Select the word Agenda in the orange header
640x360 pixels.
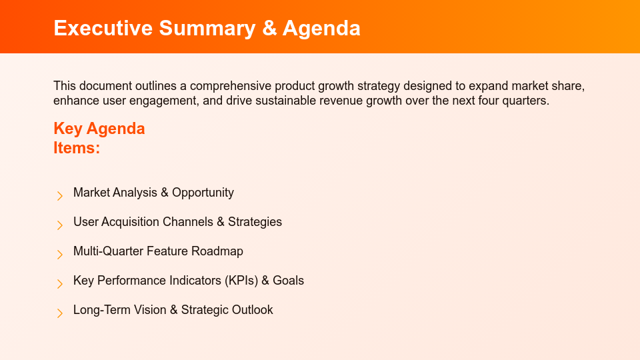click(321, 28)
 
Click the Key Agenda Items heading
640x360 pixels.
click(99, 138)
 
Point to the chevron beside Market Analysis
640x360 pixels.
click(60, 195)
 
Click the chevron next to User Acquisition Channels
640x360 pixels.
click(60, 225)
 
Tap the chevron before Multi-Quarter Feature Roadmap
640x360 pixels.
click(60, 254)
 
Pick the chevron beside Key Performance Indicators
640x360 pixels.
click(60, 283)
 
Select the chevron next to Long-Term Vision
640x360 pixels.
click(60, 313)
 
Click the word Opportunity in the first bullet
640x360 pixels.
click(203, 193)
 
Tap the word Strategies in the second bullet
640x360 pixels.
click(255, 222)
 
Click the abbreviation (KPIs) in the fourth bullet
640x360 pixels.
click(237, 281)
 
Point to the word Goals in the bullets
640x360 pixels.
click(288, 281)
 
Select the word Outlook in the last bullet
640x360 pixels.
click(252, 310)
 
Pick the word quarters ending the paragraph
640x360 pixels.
click(527, 101)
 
